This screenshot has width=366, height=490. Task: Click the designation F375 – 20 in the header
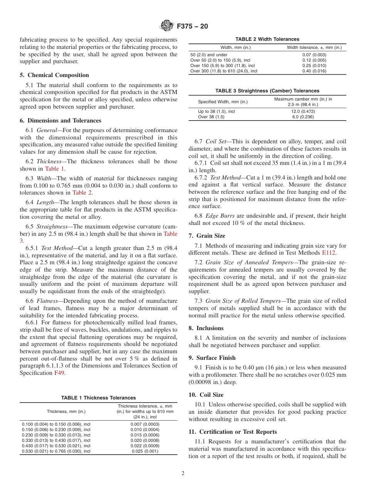(192, 27)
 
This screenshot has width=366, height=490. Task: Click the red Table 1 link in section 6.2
(52, 169)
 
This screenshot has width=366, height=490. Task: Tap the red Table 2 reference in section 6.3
(82, 193)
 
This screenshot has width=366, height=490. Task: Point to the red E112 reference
(329, 253)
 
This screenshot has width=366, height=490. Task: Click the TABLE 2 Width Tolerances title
(267, 39)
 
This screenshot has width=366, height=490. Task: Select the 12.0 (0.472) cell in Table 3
(303, 111)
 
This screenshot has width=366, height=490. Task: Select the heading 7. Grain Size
(207, 236)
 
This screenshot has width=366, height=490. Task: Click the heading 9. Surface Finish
(212, 358)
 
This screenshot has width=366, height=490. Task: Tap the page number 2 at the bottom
(183, 473)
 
